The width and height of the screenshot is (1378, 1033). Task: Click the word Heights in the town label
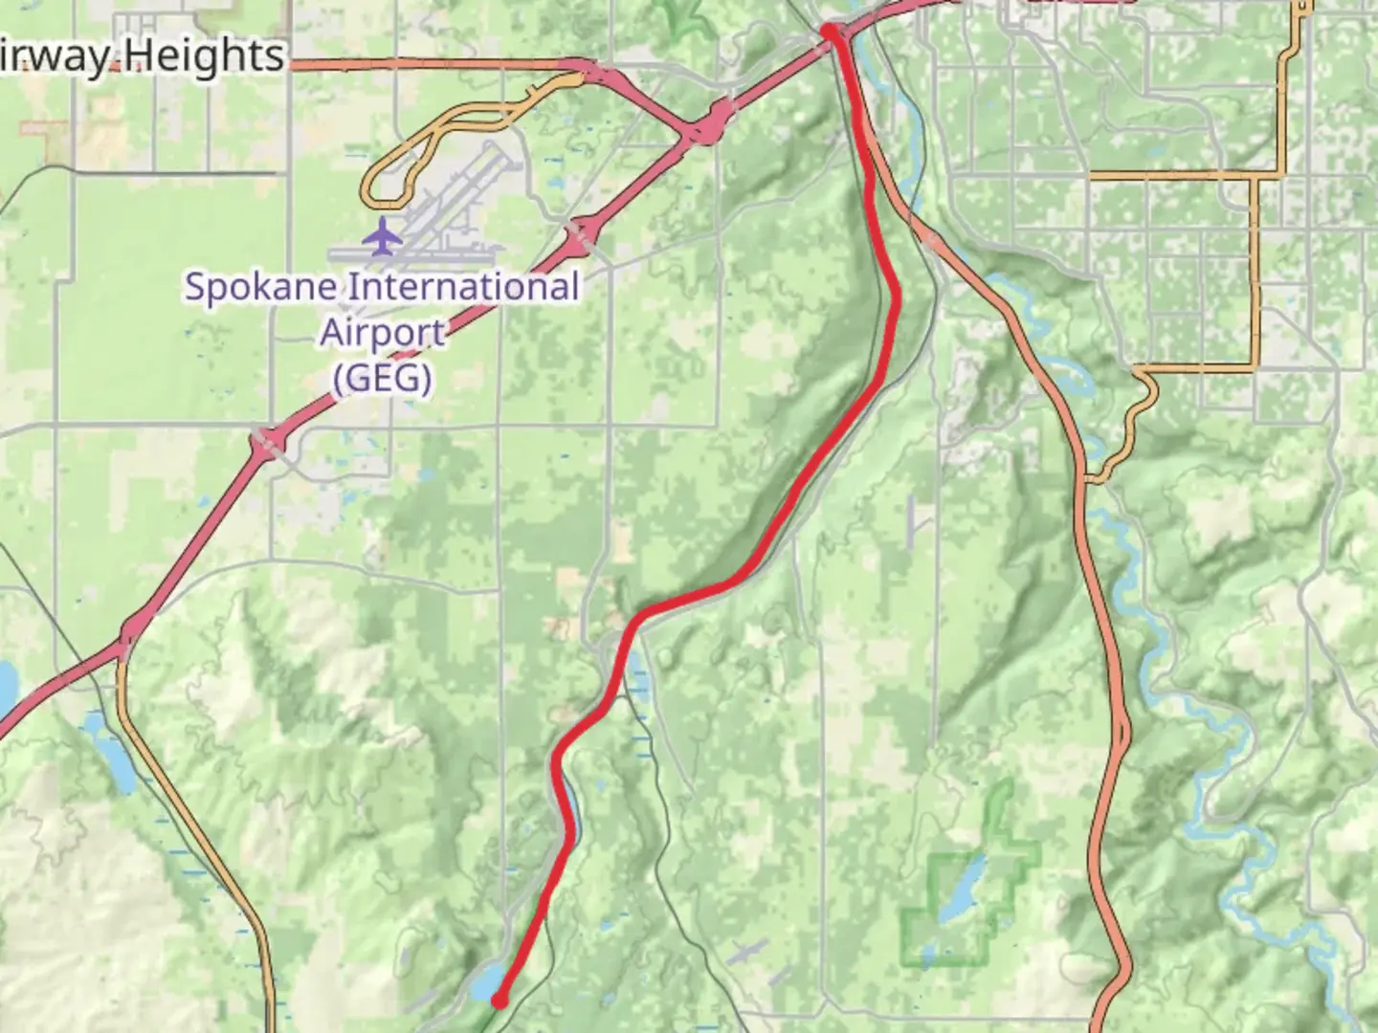[x=202, y=56]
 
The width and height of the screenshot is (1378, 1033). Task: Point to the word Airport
[x=382, y=333]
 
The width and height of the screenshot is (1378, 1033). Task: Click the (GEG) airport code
[x=382, y=378]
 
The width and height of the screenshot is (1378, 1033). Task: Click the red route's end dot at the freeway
[x=829, y=33]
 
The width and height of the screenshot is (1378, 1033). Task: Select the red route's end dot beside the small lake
[x=499, y=1001]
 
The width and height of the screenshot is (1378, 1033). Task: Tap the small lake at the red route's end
[x=485, y=980]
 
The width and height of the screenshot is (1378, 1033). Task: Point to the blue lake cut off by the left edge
[x=6, y=684]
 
